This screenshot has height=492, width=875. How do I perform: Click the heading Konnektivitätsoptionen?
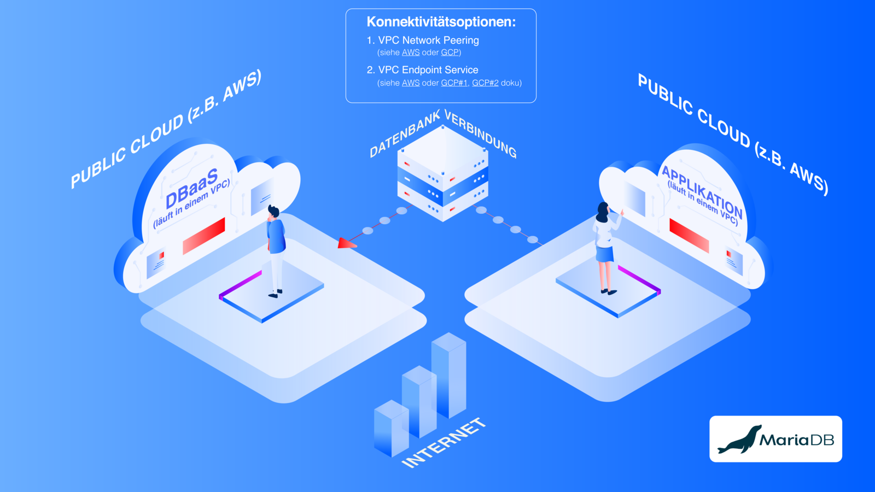pos(441,22)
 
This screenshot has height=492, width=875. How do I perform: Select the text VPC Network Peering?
pos(428,40)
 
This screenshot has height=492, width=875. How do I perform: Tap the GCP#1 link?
pos(454,83)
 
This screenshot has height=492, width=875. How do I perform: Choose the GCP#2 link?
pos(485,83)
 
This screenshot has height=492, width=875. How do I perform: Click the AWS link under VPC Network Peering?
pos(411,52)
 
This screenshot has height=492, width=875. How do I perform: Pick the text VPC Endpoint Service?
pos(428,70)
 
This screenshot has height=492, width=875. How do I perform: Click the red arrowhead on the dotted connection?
pos(346,243)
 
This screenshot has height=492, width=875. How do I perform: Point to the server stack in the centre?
pos(442,174)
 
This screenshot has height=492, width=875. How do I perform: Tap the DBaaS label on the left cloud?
pos(192,188)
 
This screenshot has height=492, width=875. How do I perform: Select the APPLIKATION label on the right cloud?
pos(702,191)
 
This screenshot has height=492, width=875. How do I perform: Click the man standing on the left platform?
pos(276,249)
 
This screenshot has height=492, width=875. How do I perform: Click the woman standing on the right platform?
pos(605,246)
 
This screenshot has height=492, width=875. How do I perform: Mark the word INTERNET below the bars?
pos(444,443)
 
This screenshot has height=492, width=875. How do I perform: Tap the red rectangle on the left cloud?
pos(204,236)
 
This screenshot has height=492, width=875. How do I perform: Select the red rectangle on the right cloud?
pos(689,236)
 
